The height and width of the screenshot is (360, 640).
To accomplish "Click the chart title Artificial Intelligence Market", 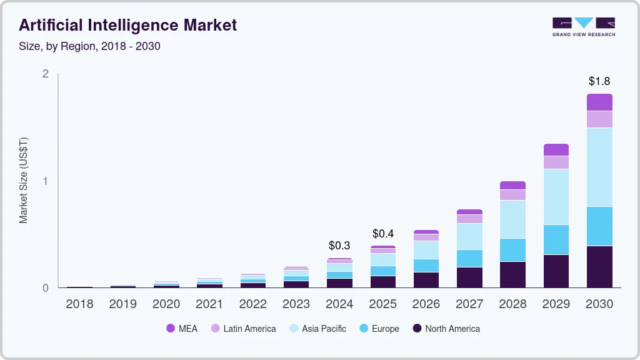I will pyautogui.click(x=127, y=26).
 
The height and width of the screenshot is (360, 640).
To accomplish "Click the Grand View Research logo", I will pyautogui.click(x=583, y=27).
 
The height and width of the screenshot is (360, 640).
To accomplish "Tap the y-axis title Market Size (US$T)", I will pyautogui.click(x=24, y=181).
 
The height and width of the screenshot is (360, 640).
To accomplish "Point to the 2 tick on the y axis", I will pyautogui.click(x=45, y=74).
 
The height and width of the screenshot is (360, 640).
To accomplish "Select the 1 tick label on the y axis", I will pyautogui.click(x=45, y=181).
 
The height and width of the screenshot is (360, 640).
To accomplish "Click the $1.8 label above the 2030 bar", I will pyautogui.click(x=599, y=81).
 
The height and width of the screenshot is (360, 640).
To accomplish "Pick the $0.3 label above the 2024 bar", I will pyautogui.click(x=339, y=246).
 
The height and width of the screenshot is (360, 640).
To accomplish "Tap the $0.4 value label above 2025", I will pyautogui.click(x=383, y=234).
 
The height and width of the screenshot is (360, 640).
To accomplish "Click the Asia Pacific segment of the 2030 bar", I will pyautogui.click(x=599, y=167).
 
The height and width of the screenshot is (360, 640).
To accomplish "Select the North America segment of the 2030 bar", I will pyautogui.click(x=599, y=266).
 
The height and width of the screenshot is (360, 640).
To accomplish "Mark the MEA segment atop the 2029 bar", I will pyautogui.click(x=556, y=149).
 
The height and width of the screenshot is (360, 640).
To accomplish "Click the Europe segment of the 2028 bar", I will pyautogui.click(x=512, y=249).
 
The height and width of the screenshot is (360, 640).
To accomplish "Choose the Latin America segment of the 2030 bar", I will pyautogui.click(x=599, y=119).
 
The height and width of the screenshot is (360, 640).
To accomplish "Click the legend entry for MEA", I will pyautogui.click(x=181, y=329).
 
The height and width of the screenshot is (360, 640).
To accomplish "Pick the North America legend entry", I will pyautogui.click(x=446, y=329).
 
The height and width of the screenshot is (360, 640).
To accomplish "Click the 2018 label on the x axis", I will pyautogui.click(x=79, y=304).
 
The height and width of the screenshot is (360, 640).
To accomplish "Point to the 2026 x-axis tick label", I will pyautogui.click(x=426, y=304).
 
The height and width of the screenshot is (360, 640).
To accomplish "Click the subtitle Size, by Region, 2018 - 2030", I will pyautogui.click(x=89, y=46).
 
